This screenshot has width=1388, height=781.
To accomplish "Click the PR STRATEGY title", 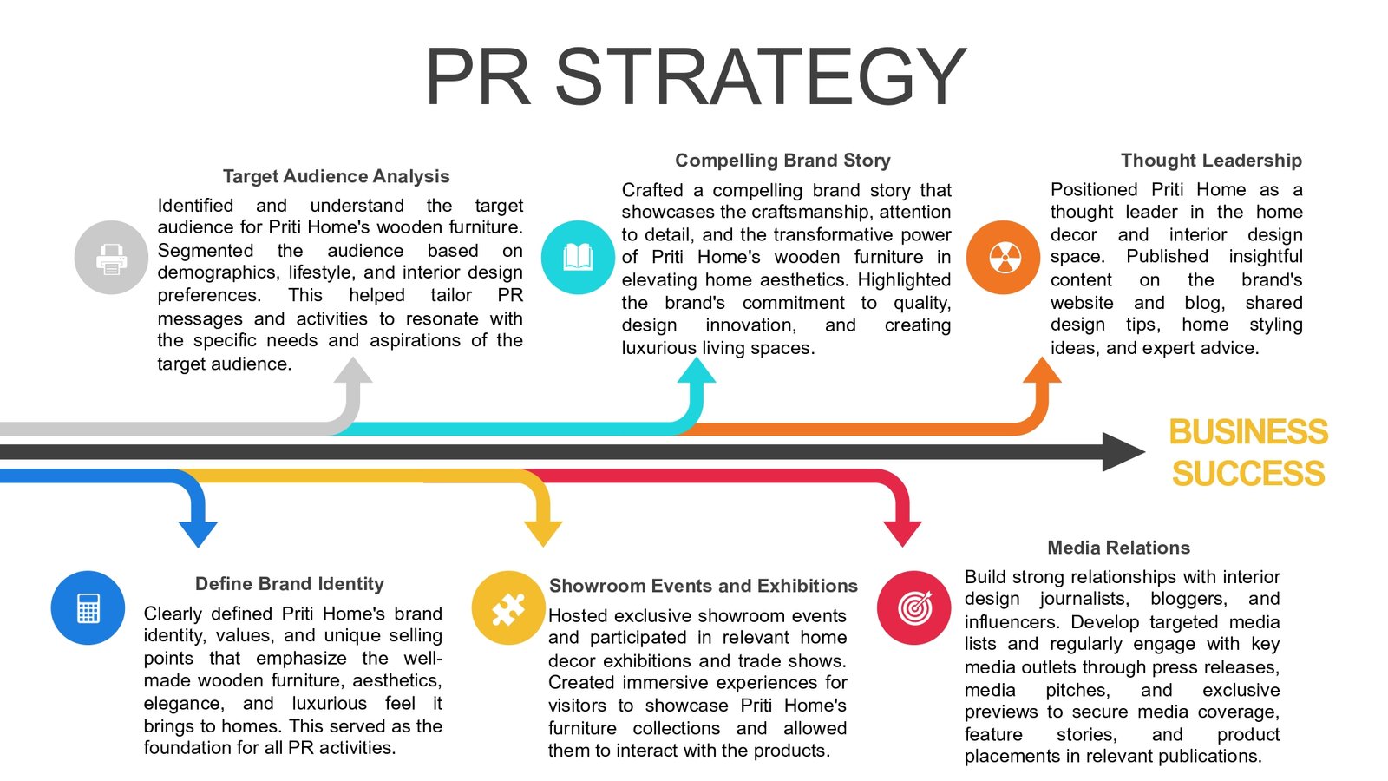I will tap(695, 76).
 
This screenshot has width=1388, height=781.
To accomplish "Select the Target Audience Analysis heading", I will tap(336, 176).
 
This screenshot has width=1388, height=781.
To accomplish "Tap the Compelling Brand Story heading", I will tap(782, 161).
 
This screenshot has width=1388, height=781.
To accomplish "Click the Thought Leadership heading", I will tap(1210, 161).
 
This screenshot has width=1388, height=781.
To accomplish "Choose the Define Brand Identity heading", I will tap(289, 584).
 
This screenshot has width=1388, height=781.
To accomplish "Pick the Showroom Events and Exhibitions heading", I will tap(703, 586).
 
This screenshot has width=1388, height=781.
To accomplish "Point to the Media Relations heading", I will tap(1118, 548).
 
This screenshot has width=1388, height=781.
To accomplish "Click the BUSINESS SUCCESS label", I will tap(1247, 452).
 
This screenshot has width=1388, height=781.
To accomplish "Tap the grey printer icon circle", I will tap(111, 258).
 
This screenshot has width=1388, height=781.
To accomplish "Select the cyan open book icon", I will tap(578, 257).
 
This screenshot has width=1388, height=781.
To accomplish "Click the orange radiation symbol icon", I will tap(1004, 257).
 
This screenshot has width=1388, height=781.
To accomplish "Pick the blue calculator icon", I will tap(88, 607).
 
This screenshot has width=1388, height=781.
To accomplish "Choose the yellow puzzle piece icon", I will tap(508, 608).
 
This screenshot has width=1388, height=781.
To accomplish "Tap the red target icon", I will tap(914, 607).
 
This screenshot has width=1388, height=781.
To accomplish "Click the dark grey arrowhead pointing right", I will tap(1123, 452).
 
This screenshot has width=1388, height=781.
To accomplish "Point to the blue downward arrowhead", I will tap(198, 532).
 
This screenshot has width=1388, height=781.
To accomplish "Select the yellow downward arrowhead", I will tap(543, 532).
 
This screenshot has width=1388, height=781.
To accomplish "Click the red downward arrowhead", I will tap(902, 532).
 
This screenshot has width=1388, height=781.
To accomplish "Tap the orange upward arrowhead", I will tap(1042, 371).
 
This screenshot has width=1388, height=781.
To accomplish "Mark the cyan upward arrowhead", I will tap(696, 371).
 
